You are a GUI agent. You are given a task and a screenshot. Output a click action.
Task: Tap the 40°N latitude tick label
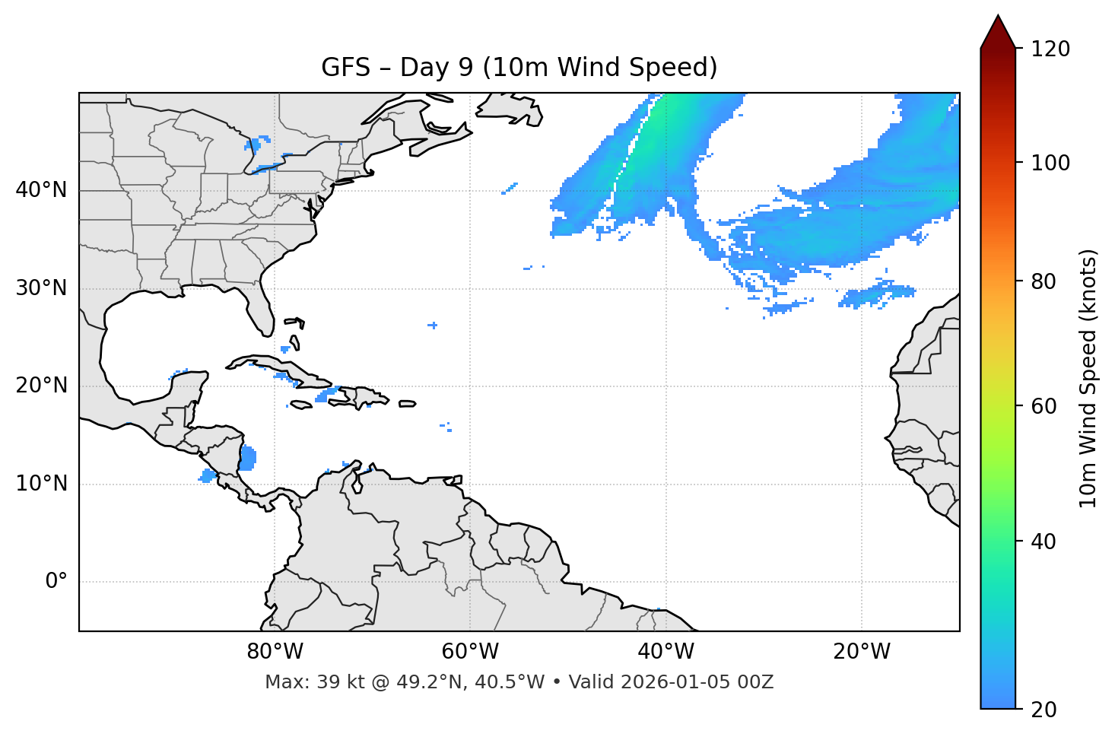(41, 190)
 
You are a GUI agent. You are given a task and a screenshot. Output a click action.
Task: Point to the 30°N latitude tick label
(41, 288)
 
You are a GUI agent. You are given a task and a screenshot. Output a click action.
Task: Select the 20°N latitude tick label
(41, 386)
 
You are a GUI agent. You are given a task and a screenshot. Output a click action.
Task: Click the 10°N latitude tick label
(41, 484)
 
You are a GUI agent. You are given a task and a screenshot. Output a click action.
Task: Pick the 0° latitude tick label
(56, 582)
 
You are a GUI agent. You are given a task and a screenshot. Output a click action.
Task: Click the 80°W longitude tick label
(275, 652)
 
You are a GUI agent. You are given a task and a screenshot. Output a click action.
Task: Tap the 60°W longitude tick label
(470, 652)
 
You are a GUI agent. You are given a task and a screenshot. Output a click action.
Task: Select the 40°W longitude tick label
(666, 652)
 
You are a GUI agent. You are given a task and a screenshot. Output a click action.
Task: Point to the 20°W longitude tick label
(861, 652)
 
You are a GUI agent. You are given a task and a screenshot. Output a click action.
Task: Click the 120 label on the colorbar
(1050, 49)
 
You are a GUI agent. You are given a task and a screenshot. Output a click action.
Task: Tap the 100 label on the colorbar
(1050, 163)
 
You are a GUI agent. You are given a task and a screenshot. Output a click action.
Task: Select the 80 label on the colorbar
(1045, 281)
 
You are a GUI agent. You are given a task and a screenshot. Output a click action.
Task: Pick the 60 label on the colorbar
(1045, 406)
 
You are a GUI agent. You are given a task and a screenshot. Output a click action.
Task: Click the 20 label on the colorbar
(1045, 710)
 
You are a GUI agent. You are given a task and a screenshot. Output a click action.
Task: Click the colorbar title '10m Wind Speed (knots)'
(1088, 378)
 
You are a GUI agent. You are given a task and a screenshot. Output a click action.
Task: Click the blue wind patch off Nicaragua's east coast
(248, 459)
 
